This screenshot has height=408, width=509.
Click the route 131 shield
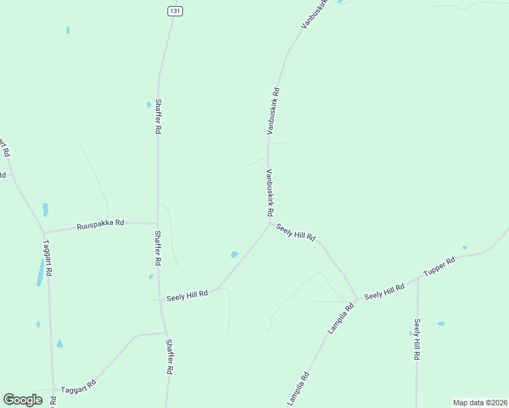click(x=175, y=11)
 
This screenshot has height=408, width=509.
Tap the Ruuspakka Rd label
click(x=100, y=223)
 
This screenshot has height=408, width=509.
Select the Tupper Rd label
click(x=439, y=266)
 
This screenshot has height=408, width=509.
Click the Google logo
click(x=22, y=400)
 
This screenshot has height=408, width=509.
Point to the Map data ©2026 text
click(x=480, y=403)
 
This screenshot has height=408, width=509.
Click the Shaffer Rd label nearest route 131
click(x=158, y=116)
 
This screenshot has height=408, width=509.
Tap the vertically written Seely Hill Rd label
click(x=417, y=340)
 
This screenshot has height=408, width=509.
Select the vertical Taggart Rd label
click(x=48, y=258)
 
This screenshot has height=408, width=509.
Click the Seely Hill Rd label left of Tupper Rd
click(x=384, y=292)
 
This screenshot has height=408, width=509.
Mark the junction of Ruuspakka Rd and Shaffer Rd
click(x=158, y=223)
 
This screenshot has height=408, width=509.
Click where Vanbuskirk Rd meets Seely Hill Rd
click(x=270, y=222)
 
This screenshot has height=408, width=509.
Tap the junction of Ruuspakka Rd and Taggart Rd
click(x=44, y=232)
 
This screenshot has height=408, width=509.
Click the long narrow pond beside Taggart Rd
click(x=41, y=273)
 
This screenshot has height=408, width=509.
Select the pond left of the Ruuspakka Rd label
click(x=46, y=209)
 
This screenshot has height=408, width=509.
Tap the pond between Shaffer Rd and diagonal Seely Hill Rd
click(x=234, y=255)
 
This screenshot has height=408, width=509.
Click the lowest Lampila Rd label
click(x=298, y=389)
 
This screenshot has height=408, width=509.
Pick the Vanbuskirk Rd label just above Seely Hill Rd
click(x=269, y=193)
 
